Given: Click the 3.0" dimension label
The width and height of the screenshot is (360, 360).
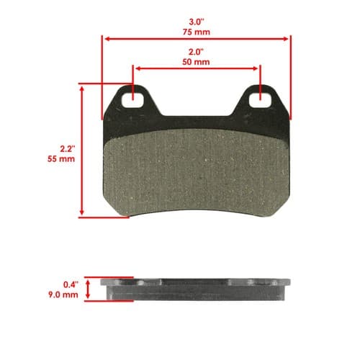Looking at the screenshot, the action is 197,22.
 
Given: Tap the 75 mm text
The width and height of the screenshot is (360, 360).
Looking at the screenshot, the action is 197,32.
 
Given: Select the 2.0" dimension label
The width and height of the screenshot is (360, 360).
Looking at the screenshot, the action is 196,52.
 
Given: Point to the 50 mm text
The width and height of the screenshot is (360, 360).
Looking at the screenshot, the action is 196,62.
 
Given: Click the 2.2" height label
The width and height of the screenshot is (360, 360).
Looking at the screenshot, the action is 68,149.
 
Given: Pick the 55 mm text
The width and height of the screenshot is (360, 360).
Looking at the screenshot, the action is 61,159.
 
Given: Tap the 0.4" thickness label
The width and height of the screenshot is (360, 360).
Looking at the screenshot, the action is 71,284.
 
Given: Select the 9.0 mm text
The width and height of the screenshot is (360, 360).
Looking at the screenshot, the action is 63,294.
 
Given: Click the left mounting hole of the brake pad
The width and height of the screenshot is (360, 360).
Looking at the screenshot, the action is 132,100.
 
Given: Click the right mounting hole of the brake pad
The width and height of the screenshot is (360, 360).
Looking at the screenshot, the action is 261,100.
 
